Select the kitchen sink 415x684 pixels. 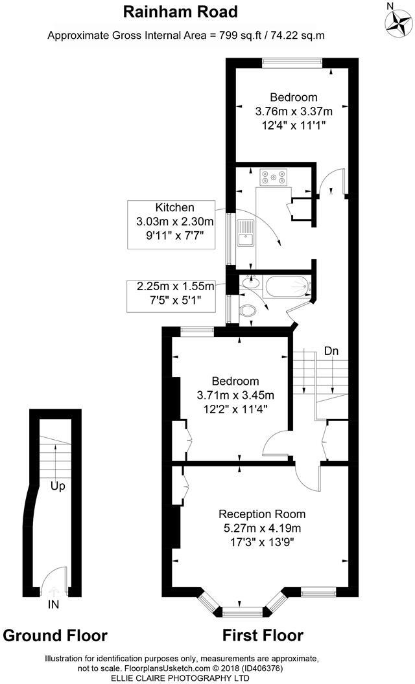click(245, 234)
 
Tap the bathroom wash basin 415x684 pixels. click(249, 282)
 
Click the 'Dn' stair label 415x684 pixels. click(331, 350)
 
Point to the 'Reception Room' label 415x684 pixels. click(261, 514)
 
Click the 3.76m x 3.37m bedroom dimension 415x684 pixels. click(294, 111)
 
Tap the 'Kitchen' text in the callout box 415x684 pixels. click(174, 207)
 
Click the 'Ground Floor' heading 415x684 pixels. click(55, 635)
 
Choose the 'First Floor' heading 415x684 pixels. click(263, 635)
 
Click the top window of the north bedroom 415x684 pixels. click(292, 62)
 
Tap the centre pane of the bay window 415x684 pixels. click(243, 611)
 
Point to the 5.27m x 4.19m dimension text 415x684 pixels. click(261, 527)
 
